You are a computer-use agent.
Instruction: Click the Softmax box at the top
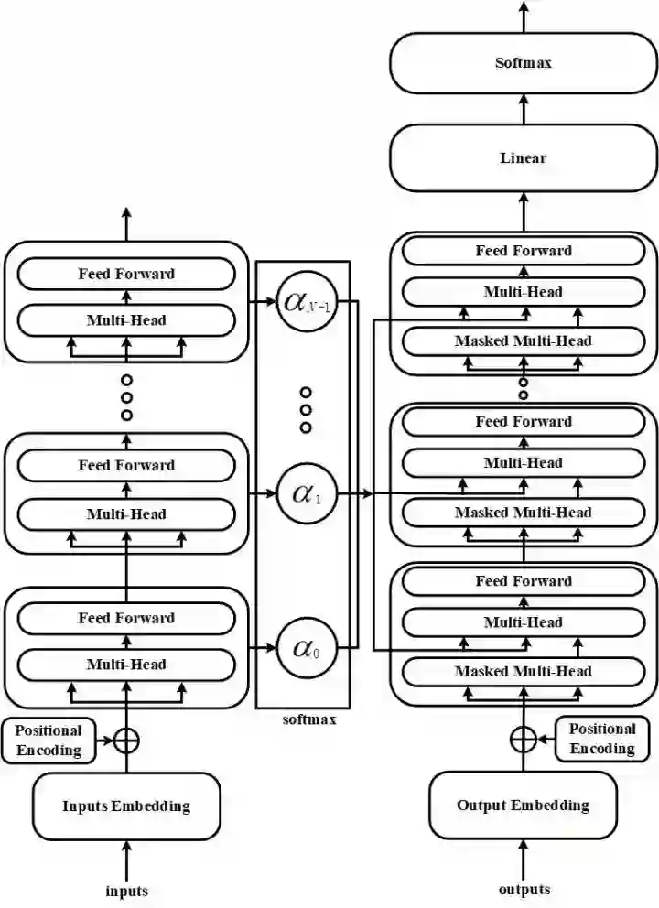point(524,64)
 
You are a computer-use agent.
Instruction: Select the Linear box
point(524,158)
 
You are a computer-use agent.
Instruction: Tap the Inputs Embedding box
point(126,806)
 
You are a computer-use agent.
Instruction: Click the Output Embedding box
point(524,805)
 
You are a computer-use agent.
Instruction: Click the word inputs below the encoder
point(126,890)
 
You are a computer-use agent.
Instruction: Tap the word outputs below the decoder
point(524,889)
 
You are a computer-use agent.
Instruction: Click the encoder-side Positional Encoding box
point(49,740)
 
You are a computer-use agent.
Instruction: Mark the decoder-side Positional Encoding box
point(601,739)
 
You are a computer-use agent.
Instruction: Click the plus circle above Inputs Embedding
point(126,740)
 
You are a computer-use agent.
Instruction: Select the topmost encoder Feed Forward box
point(126,274)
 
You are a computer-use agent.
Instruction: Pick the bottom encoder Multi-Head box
point(126,665)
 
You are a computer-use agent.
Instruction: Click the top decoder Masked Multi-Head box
point(524,340)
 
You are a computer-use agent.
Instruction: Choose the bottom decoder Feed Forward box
point(524,581)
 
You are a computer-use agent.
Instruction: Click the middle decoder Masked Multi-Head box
point(524,513)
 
